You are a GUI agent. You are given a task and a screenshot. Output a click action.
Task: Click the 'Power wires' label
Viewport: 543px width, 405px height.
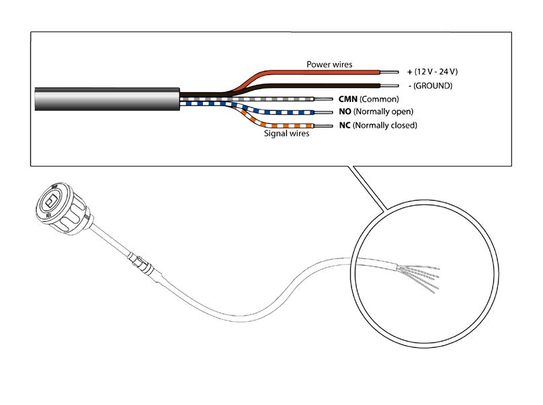coord(329,64)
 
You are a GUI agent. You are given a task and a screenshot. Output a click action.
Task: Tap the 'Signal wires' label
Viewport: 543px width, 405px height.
coord(287,133)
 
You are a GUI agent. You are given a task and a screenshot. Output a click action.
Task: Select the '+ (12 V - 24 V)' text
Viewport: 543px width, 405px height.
coord(433,72)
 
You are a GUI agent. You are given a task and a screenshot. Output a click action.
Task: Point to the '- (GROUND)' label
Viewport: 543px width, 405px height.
coord(431,86)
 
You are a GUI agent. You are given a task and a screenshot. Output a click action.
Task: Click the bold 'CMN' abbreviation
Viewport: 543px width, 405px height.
coord(348,99)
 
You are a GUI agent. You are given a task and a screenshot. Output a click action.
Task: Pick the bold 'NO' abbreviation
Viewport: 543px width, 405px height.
coord(345,111)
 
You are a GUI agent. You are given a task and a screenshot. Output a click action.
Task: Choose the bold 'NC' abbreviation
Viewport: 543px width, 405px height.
coord(345,126)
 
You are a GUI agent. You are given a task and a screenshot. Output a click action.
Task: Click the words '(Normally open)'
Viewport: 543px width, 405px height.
coord(383,111)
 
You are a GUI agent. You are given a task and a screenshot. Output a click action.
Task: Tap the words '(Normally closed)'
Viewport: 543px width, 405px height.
coord(385,126)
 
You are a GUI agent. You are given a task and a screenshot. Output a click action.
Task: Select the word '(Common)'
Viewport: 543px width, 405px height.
coord(379,99)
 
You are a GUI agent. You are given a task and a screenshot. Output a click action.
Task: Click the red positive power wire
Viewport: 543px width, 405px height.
coord(312,72)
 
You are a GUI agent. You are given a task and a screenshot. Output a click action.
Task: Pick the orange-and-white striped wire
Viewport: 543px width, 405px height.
coord(274,125)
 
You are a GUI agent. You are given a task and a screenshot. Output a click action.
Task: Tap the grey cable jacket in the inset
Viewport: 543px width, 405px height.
coord(108,99)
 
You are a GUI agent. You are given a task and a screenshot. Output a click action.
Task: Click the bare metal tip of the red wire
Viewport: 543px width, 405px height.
coord(389,73)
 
